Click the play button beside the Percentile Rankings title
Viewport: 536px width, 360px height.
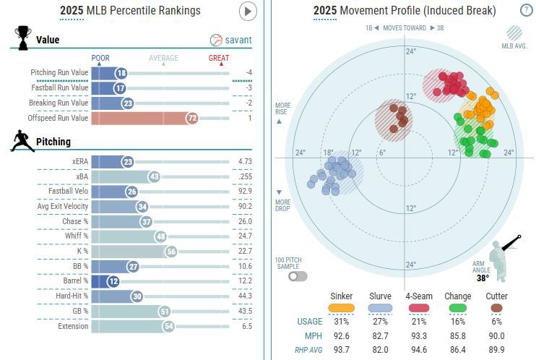(x=248, y=11)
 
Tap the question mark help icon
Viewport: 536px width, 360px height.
(x=526, y=10)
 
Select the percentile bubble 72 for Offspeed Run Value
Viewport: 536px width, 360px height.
(x=191, y=118)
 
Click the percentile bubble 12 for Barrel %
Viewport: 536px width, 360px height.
(x=113, y=280)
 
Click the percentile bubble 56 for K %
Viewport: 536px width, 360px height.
(x=170, y=251)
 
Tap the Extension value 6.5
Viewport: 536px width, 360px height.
(x=247, y=326)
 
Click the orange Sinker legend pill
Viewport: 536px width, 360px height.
(x=342, y=308)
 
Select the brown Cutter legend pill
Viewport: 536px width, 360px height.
(x=496, y=308)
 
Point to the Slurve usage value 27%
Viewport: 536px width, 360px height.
(x=380, y=322)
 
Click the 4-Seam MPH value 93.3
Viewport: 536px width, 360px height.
(x=419, y=336)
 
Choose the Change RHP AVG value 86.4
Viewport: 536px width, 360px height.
(x=458, y=351)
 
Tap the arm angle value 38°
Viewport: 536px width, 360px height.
(x=481, y=278)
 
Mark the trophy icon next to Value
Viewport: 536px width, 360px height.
(x=22, y=38)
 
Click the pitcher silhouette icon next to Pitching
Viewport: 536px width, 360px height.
(x=22, y=141)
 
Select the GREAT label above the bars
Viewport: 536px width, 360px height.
(x=219, y=58)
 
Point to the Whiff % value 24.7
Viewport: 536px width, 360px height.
(x=244, y=236)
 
